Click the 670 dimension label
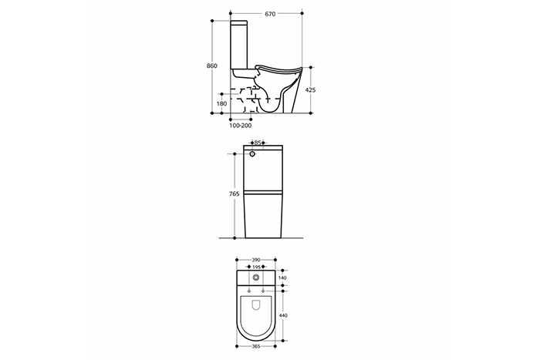[x=270, y=14]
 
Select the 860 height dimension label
[x=212, y=66]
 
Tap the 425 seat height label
[x=310, y=90]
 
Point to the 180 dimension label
[x=222, y=103]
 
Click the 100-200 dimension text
[x=241, y=126]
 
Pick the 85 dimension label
[x=258, y=143]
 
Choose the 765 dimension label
[x=235, y=194]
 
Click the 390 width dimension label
[x=256, y=260]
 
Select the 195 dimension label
[x=256, y=267]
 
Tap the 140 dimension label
[x=283, y=278]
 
